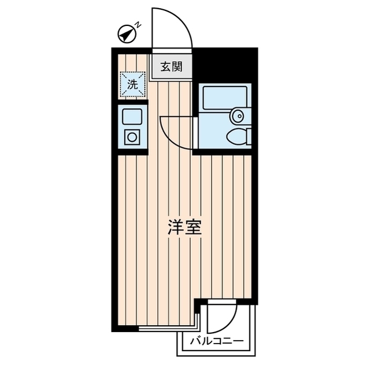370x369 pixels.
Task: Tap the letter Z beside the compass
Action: pos(138,24)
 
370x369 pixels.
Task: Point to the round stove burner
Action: pos(132,137)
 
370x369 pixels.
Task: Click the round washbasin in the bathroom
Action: pos(238,116)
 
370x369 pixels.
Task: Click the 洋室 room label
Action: pos(184,227)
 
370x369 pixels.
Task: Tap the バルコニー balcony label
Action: pos(216,341)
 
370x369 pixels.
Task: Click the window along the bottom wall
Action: pos(168,328)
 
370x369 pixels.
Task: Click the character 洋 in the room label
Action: pos(176,227)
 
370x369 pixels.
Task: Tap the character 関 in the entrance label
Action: pos(177,66)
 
